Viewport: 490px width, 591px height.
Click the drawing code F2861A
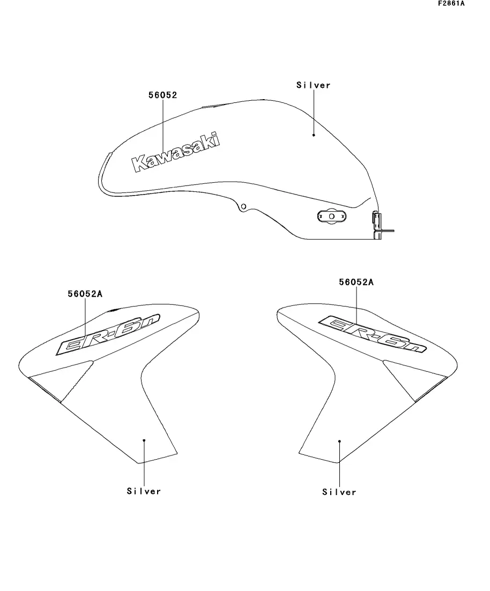pos(451,4)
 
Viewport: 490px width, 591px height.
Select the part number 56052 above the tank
pos(162,95)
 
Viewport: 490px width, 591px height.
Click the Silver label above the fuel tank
pos(314,85)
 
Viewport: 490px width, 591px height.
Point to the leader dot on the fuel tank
pos(314,135)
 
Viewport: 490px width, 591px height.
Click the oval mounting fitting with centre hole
pos(331,216)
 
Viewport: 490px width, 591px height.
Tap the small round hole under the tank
pos(243,206)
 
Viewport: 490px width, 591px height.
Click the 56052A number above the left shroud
pos(85,294)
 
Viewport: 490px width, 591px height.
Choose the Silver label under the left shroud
pos(144,491)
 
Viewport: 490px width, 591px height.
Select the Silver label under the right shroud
pos(339,492)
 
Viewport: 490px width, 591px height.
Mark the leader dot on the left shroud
pos(144,440)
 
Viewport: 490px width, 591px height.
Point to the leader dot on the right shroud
pos(339,441)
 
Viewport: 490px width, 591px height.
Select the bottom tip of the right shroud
pos(338,462)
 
